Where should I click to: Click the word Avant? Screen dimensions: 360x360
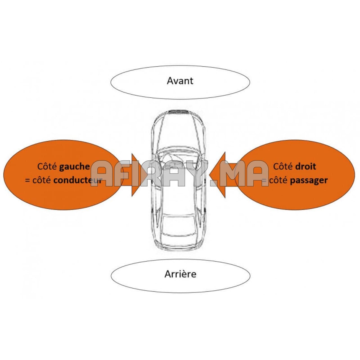click(180, 81)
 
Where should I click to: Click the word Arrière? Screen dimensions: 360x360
click(180, 274)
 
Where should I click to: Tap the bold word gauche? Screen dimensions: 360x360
click(75, 166)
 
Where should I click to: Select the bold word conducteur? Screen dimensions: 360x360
click(78, 180)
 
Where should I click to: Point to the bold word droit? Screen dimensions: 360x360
click(306, 166)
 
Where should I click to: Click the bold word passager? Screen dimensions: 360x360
click(309, 180)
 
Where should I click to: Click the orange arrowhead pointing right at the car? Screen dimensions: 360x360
click(136, 174)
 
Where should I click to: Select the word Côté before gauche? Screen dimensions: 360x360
click(47, 166)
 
